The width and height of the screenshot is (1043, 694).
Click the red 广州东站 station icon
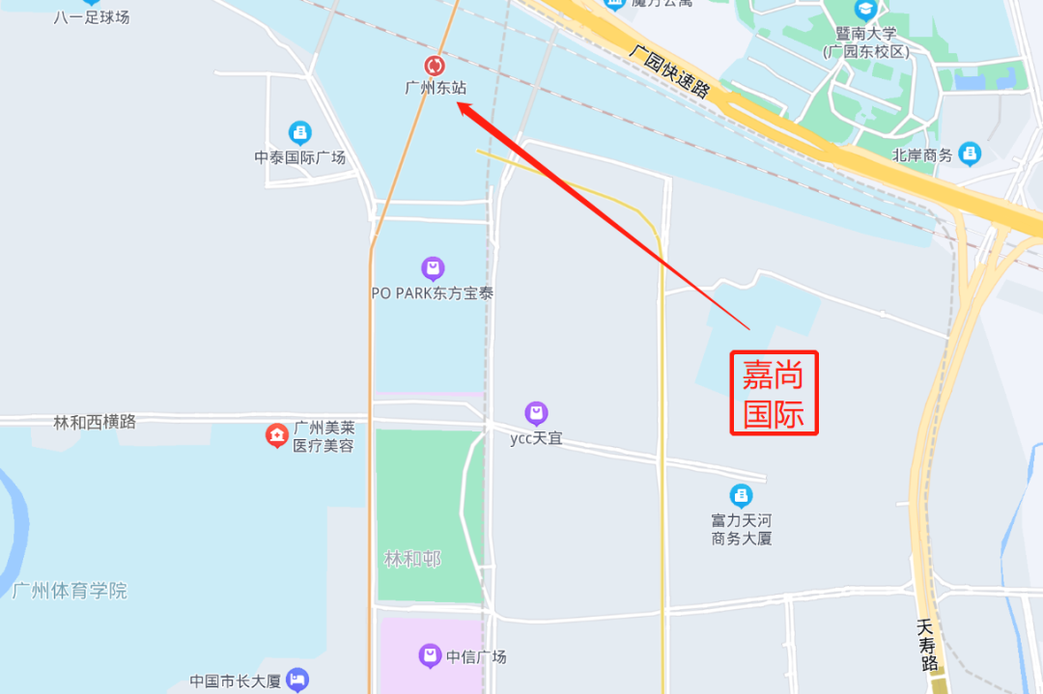[435, 66]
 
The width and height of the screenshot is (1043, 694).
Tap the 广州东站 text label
[436, 88]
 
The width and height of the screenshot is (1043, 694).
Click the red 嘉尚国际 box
[774, 393]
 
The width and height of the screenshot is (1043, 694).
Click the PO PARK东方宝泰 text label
[432, 292]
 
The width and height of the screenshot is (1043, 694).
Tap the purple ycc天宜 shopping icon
[536, 414]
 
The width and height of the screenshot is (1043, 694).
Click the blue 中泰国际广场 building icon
[299, 133]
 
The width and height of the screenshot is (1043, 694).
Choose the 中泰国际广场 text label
[299, 157]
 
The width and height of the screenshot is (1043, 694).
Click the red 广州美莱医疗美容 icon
[277, 436]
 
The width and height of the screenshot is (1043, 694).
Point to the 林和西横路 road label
[95, 422]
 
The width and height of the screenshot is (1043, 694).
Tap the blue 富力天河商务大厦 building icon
[741, 496]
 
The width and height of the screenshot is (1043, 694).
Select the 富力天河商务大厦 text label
[742, 529]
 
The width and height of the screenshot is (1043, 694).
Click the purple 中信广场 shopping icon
[430, 656]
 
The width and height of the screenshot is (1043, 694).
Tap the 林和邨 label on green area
[412, 560]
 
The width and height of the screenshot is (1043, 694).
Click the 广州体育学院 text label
[70, 591]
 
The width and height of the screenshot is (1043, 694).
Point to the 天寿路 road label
[928, 645]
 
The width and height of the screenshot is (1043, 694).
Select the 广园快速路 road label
[668, 70]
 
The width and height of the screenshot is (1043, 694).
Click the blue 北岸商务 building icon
[970, 153]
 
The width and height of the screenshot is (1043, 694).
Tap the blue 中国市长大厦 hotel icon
[297, 680]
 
